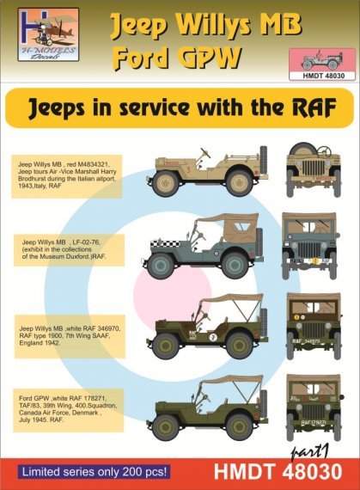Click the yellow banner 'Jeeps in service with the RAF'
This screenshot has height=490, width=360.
click(x=180, y=107)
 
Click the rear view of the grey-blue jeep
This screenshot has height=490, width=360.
click(x=308, y=244)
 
